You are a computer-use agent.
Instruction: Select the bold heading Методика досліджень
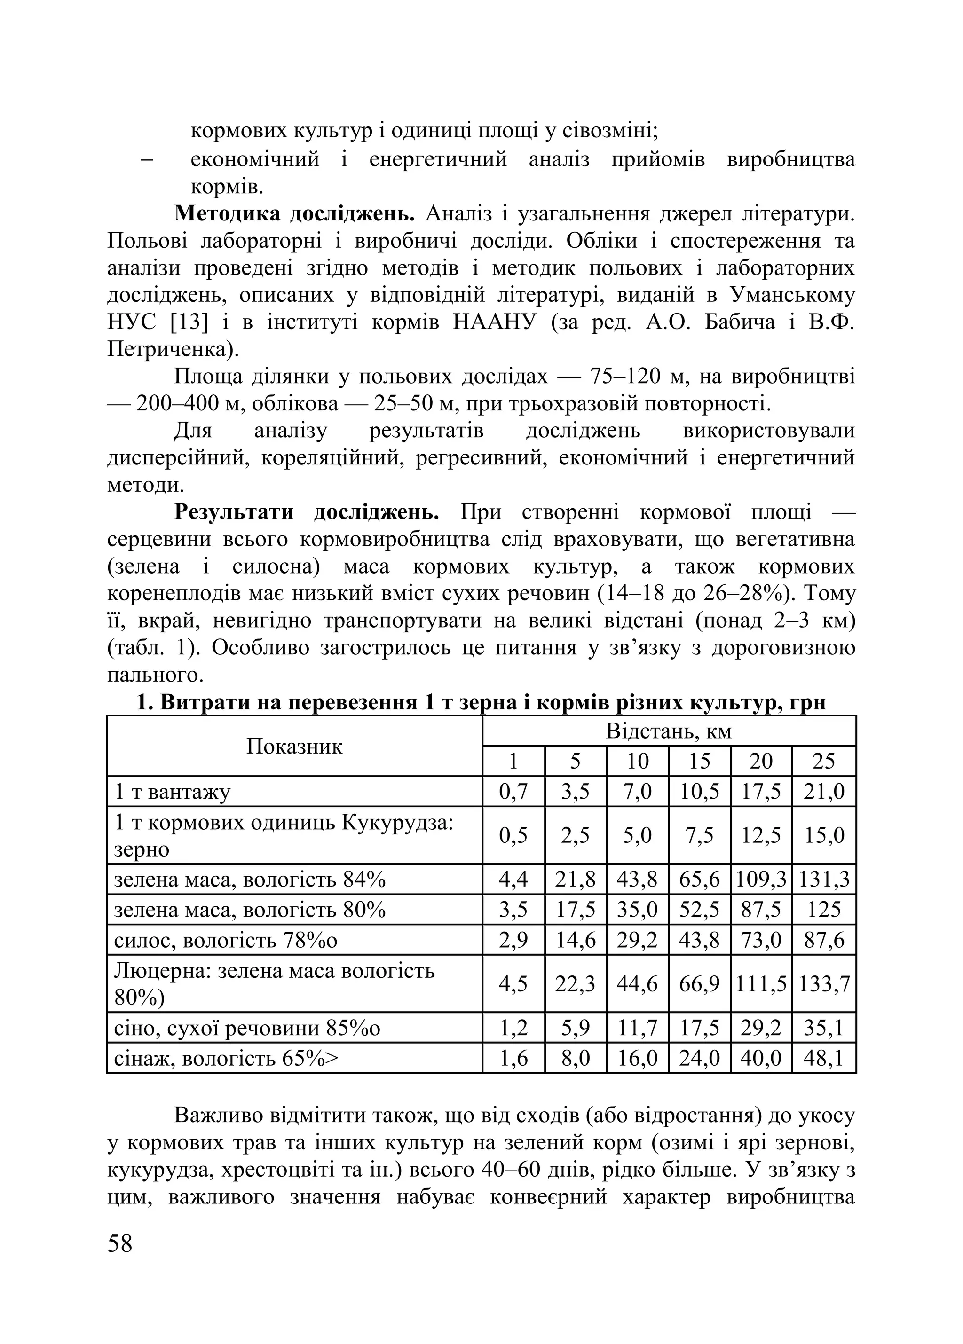[294, 213]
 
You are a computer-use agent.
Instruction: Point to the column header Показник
[294, 746]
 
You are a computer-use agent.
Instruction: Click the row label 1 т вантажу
[172, 792]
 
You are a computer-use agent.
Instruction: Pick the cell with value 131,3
[824, 880]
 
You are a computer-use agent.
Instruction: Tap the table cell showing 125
[824, 910]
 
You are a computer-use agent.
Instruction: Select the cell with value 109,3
[761, 880]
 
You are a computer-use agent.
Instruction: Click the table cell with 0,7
[513, 792]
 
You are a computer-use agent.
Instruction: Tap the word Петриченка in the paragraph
[168, 350]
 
